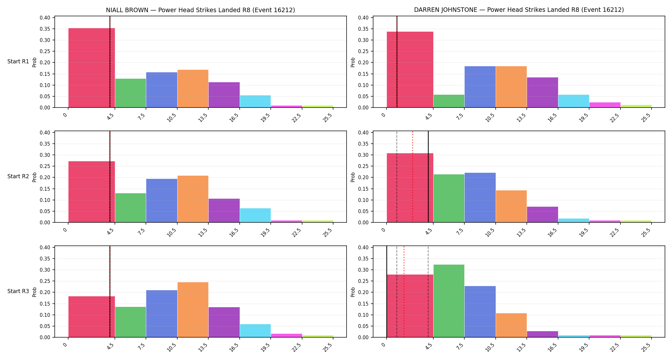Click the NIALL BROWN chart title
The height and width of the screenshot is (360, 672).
[x=200, y=10]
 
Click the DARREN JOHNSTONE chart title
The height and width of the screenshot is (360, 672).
[x=519, y=10]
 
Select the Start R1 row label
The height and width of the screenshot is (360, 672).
[x=18, y=61]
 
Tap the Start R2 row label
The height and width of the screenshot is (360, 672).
[x=18, y=176]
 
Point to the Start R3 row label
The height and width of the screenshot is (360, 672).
[x=18, y=291]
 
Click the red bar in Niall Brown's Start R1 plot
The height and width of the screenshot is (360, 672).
[x=92, y=68]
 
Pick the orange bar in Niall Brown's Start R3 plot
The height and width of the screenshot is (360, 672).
[x=193, y=310]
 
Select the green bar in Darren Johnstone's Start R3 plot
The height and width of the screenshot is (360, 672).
[x=449, y=301]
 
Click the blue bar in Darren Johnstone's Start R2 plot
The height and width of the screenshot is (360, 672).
[x=480, y=198]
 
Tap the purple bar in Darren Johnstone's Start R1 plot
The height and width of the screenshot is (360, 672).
[x=542, y=92]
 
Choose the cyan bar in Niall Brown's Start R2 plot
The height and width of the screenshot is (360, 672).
[x=255, y=215]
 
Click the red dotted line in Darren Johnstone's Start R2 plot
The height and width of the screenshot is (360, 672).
[x=412, y=177]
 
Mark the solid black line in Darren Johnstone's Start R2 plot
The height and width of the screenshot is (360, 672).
[x=428, y=177]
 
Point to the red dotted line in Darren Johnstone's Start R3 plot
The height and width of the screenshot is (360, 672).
[x=404, y=292]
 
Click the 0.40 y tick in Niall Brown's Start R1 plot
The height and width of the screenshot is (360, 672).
[x=45, y=18]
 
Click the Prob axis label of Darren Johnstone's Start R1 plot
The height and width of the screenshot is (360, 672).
[x=353, y=62]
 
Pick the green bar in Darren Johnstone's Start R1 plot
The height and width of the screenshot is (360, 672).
[x=449, y=101]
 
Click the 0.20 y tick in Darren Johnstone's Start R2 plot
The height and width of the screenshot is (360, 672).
[x=364, y=178]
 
